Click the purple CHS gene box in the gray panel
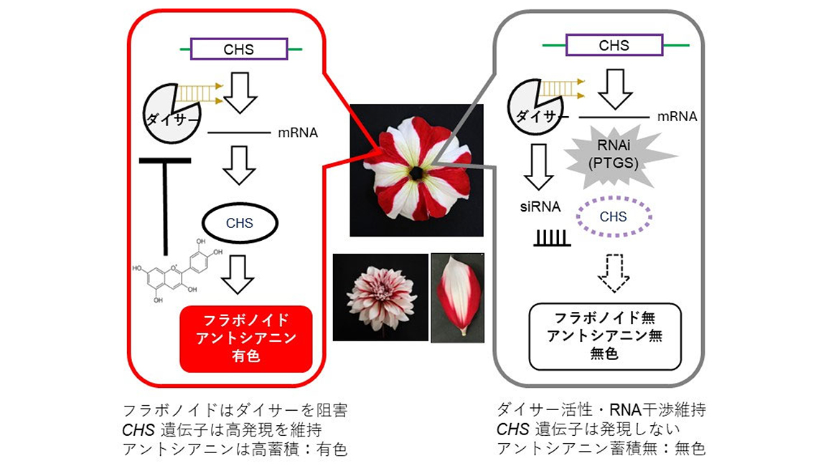point(614,45)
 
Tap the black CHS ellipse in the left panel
point(240,223)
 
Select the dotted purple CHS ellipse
point(613,217)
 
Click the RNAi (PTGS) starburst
point(614,154)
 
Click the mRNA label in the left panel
point(297,133)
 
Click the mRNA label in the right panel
point(677,116)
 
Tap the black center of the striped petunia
point(416,172)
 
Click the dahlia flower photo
point(380,296)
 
